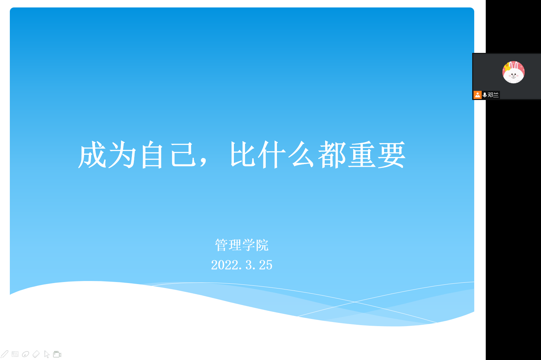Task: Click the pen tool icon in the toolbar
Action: [5, 354]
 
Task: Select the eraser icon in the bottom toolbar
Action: [36, 354]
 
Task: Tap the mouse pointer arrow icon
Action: [47, 354]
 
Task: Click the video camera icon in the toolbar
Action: [57, 354]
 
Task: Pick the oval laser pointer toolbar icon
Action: [25, 354]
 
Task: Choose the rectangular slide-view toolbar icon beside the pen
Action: [15, 354]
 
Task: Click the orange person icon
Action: [477, 95]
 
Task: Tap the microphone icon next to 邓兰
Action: [484, 95]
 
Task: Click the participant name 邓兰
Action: [493, 95]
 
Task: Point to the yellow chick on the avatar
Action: [507, 66]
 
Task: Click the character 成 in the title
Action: [92, 155]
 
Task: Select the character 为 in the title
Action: [122, 155]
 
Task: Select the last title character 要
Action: [392, 155]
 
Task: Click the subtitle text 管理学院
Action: [242, 245]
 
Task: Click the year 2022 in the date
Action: [225, 265]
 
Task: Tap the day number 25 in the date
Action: [266, 265]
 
